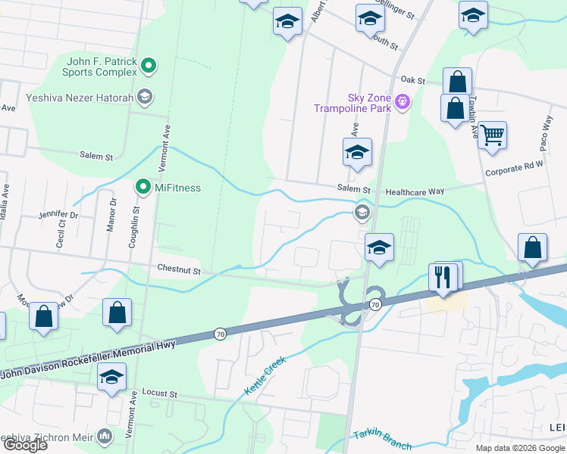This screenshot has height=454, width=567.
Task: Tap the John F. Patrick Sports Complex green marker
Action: pos(149,67)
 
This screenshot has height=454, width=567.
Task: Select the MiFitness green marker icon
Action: pos(142,187)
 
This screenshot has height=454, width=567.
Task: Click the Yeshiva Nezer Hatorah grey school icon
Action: pos(145,96)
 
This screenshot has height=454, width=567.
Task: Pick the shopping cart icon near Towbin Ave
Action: pos(493,136)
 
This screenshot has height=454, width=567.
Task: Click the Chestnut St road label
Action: pos(178,269)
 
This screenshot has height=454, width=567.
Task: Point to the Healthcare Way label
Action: pos(415,192)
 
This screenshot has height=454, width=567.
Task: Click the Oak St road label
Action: pos(414,79)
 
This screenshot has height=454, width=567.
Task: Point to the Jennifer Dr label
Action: pos(58,215)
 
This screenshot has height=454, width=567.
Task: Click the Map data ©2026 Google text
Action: pos(520,448)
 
